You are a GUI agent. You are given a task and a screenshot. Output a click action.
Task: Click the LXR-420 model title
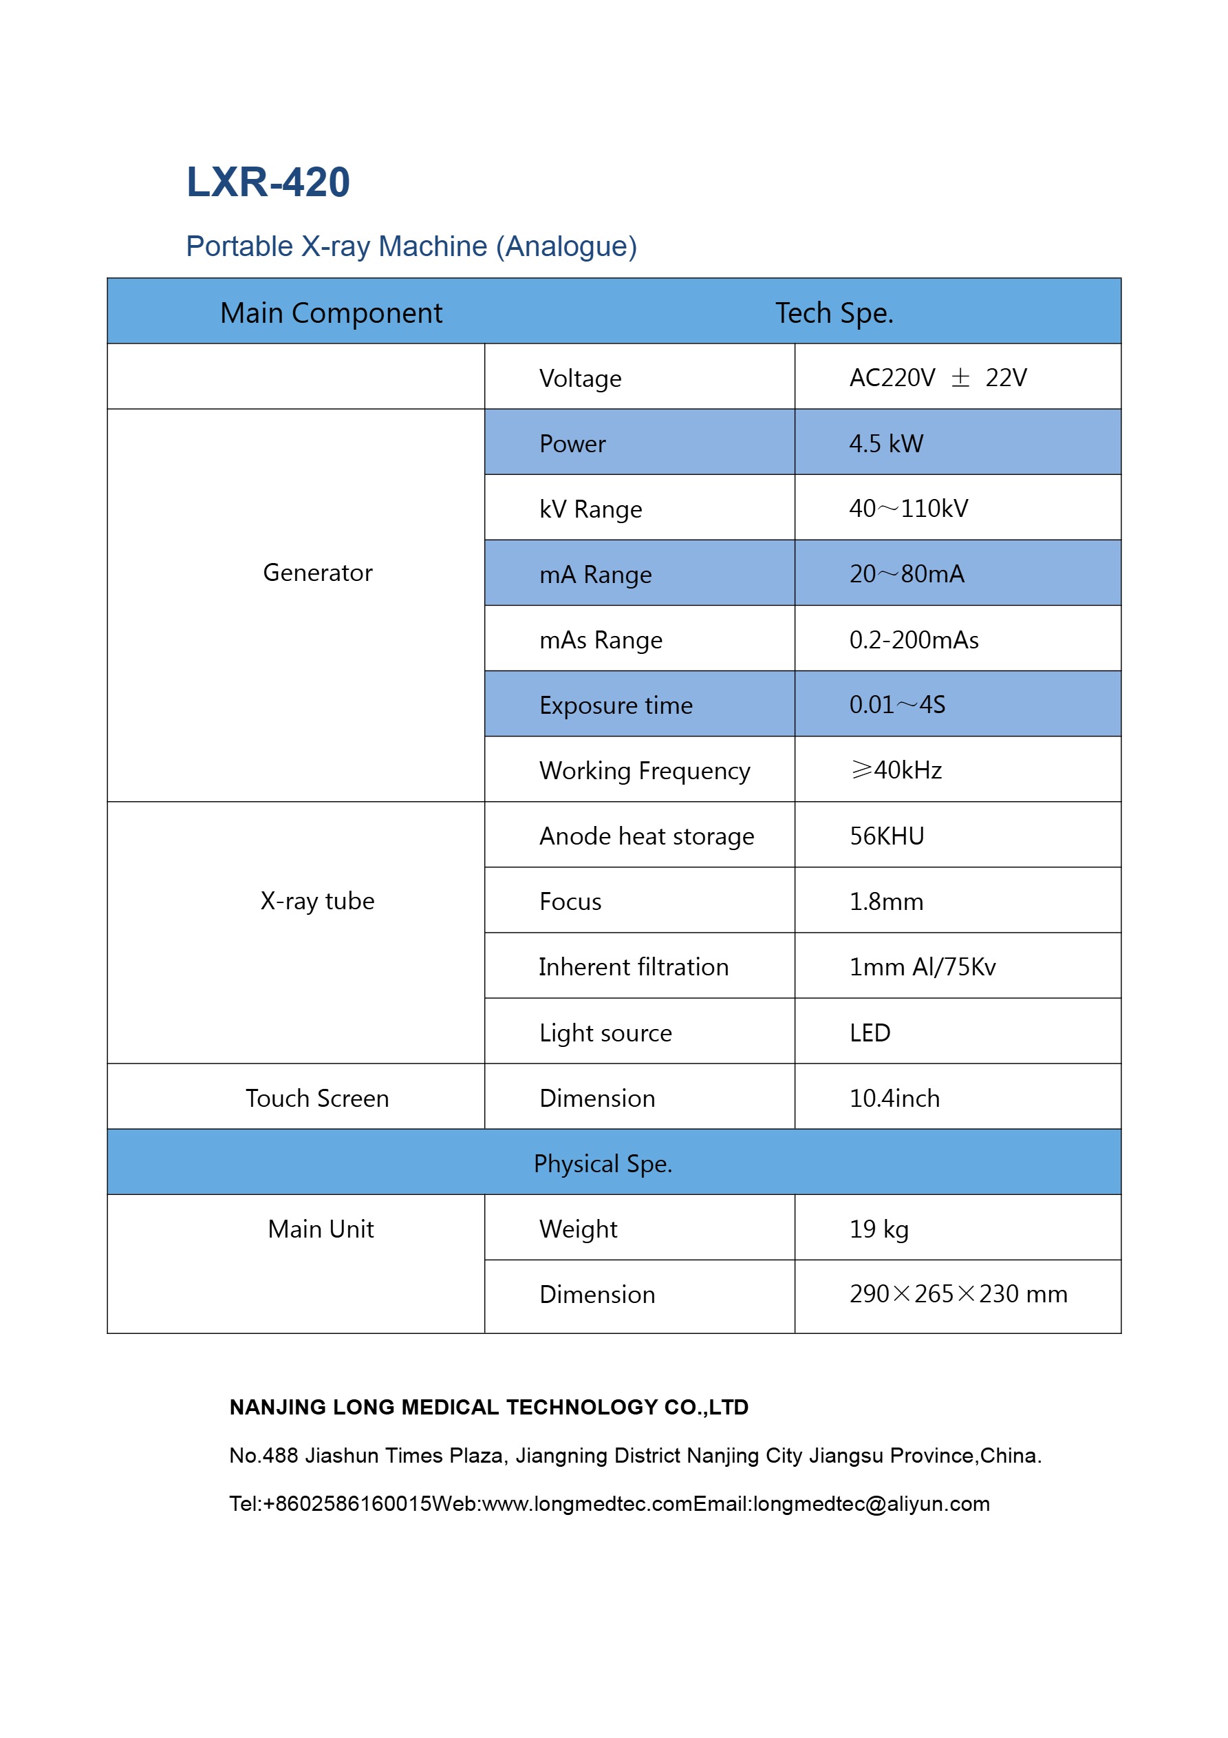[268, 182]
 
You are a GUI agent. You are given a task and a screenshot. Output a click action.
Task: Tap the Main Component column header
[331, 312]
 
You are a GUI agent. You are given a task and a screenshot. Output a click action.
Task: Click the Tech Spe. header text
[834, 312]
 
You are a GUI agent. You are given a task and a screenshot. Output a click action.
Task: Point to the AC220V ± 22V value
[938, 377]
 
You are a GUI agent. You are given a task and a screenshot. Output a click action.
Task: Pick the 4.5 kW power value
[885, 443]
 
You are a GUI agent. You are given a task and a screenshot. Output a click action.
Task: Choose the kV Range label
[590, 509]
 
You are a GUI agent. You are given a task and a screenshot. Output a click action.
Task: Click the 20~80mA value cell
[907, 574]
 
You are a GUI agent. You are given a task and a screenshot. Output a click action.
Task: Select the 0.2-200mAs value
[913, 639]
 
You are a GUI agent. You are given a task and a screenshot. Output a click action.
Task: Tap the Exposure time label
[615, 705]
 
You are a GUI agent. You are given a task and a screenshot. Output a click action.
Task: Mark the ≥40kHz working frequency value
[896, 770]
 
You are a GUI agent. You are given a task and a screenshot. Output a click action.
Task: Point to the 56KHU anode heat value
[886, 836]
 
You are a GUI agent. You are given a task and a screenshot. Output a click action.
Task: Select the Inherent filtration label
[634, 966]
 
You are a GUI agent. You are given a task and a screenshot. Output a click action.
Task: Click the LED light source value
[870, 1032]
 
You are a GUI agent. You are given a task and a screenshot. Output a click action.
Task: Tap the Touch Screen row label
[317, 1098]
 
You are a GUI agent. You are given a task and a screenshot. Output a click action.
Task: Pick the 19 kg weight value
[878, 1229]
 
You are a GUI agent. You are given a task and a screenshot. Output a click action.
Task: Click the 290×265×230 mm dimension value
[957, 1293]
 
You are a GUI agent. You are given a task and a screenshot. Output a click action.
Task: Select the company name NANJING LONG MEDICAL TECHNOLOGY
[488, 1406]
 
